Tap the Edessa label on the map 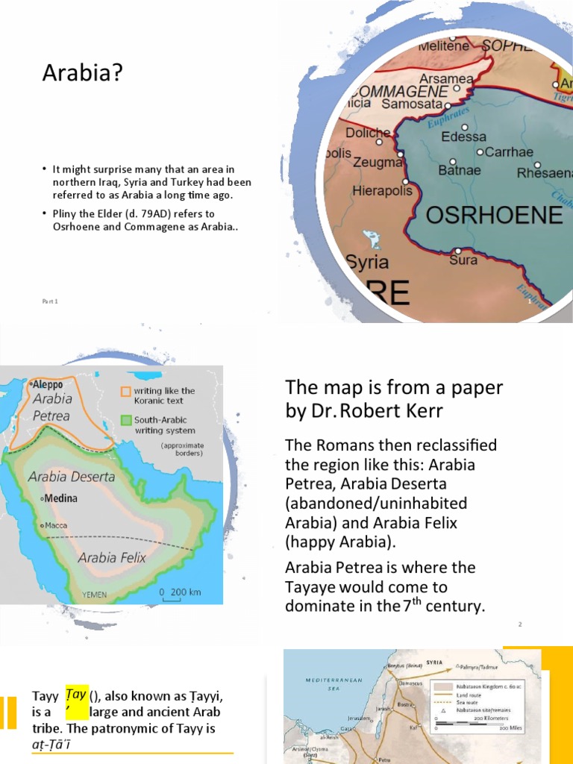pyautogui.click(x=463, y=137)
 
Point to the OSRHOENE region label pyautogui.click(x=493, y=216)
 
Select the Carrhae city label pyautogui.click(x=509, y=152)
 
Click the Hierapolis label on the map pyautogui.click(x=382, y=191)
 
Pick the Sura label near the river pyautogui.click(x=463, y=260)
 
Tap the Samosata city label pyautogui.click(x=412, y=104)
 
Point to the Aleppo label pyautogui.click(x=48, y=384)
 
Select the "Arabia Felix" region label pyautogui.click(x=112, y=557)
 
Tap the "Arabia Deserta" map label pyautogui.click(x=72, y=476)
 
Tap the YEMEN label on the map pyautogui.click(x=94, y=595)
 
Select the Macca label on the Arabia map pyautogui.click(x=56, y=525)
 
